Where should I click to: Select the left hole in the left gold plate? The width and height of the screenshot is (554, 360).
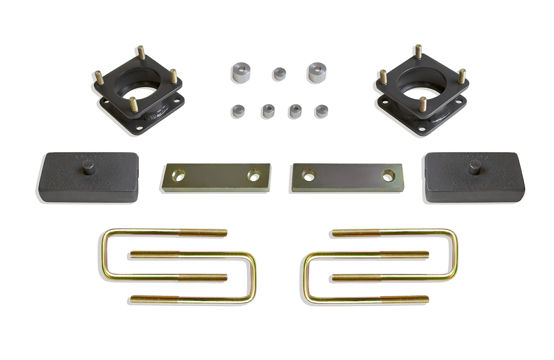click(x=179, y=177)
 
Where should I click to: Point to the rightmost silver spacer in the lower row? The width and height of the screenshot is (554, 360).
click(x=321, y=111)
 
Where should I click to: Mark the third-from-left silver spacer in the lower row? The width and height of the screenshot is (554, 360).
click(x=295, y=111)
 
